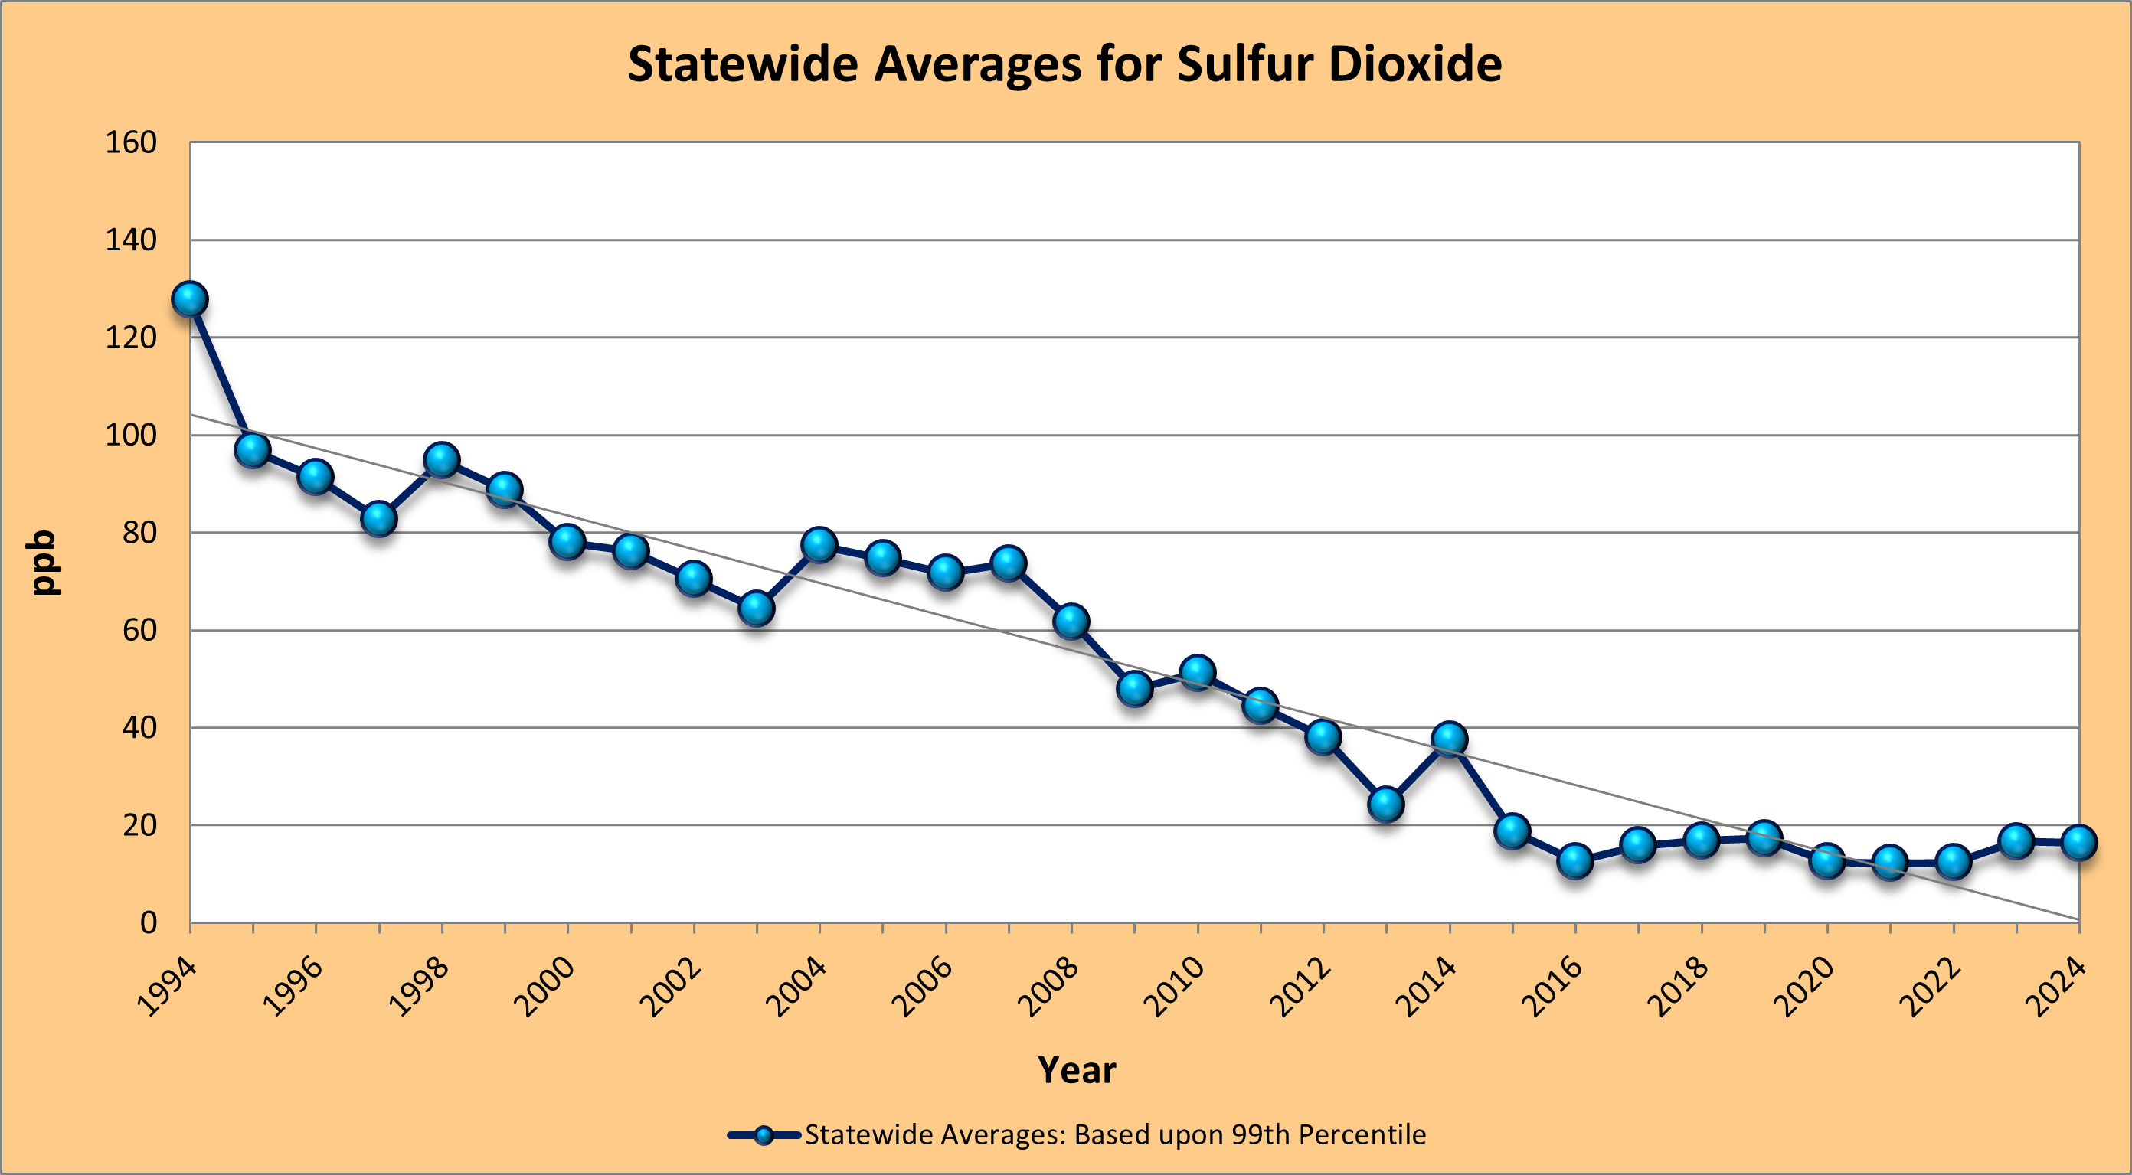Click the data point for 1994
[189, 299]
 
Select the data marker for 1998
[442, 459]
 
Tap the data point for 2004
[819, 544]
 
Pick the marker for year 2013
[1386, 804]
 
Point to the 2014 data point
[1449, 738]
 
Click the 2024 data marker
[2079, 842]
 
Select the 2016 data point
[1575, 860]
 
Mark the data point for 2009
[1135, 687]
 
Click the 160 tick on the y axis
[131, 142]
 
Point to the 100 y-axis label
[131, 436]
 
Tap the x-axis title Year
[1077, 1070]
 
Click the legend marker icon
[764, 1134]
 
